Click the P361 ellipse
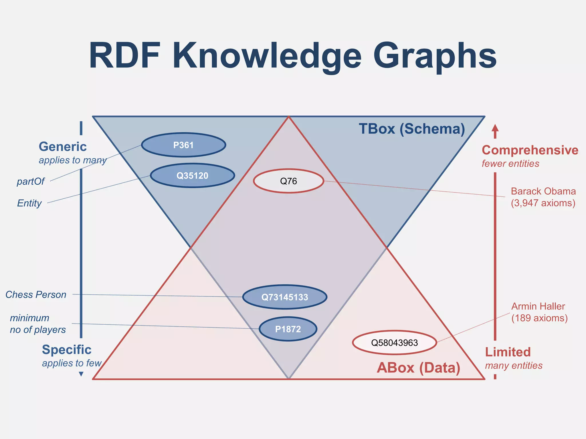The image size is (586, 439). (184, 145)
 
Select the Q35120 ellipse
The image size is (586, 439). (192, 175)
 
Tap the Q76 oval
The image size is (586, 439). (288, 181)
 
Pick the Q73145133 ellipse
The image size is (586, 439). (285, 297)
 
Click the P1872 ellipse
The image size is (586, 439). (288, 329)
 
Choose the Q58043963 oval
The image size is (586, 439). (394, 342)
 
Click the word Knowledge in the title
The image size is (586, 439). (267, 56)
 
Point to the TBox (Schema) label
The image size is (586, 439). (412, 129)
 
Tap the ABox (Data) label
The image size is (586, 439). (418, 368)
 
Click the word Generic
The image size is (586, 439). (63, 147)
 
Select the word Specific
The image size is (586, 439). (67, 350)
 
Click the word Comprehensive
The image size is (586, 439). (530, 150)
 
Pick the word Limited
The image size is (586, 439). (508, 352)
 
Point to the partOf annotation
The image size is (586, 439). (31, 181)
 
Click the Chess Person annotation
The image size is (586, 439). (36, 294)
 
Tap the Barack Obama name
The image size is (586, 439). (543, 191)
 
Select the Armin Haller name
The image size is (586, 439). (538, 306)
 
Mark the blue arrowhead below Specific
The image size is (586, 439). (81, 374)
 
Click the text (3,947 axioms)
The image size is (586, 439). (543, 203)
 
